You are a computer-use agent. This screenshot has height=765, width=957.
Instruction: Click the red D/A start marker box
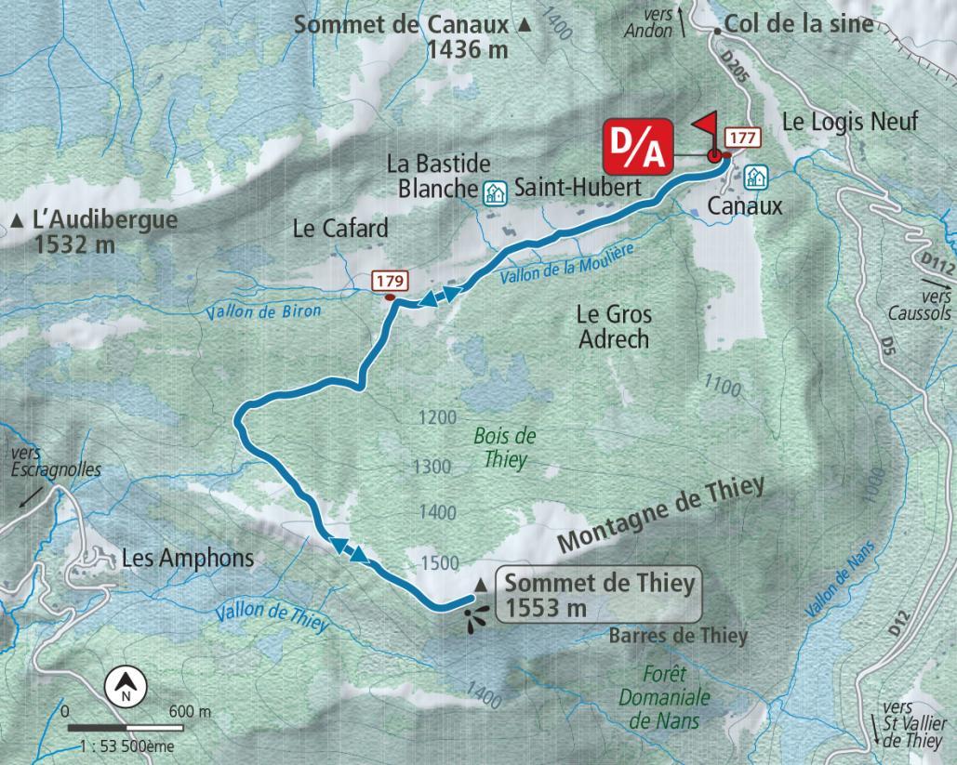(x=638, y=146)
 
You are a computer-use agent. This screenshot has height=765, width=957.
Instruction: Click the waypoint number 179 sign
(x=391, y=280)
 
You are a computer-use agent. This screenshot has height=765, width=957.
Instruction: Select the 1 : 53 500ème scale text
(x=126, y=745)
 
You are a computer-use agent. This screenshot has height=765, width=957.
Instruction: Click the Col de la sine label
(x=798, y=25)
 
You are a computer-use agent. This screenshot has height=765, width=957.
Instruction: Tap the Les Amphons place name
(x=188, y=559)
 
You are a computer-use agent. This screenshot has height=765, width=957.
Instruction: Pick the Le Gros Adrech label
(x=614, y=326)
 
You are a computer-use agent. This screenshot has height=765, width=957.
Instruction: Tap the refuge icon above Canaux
(x=755, y=176)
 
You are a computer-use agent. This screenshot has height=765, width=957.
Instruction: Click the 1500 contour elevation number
(x=439, y=563)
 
